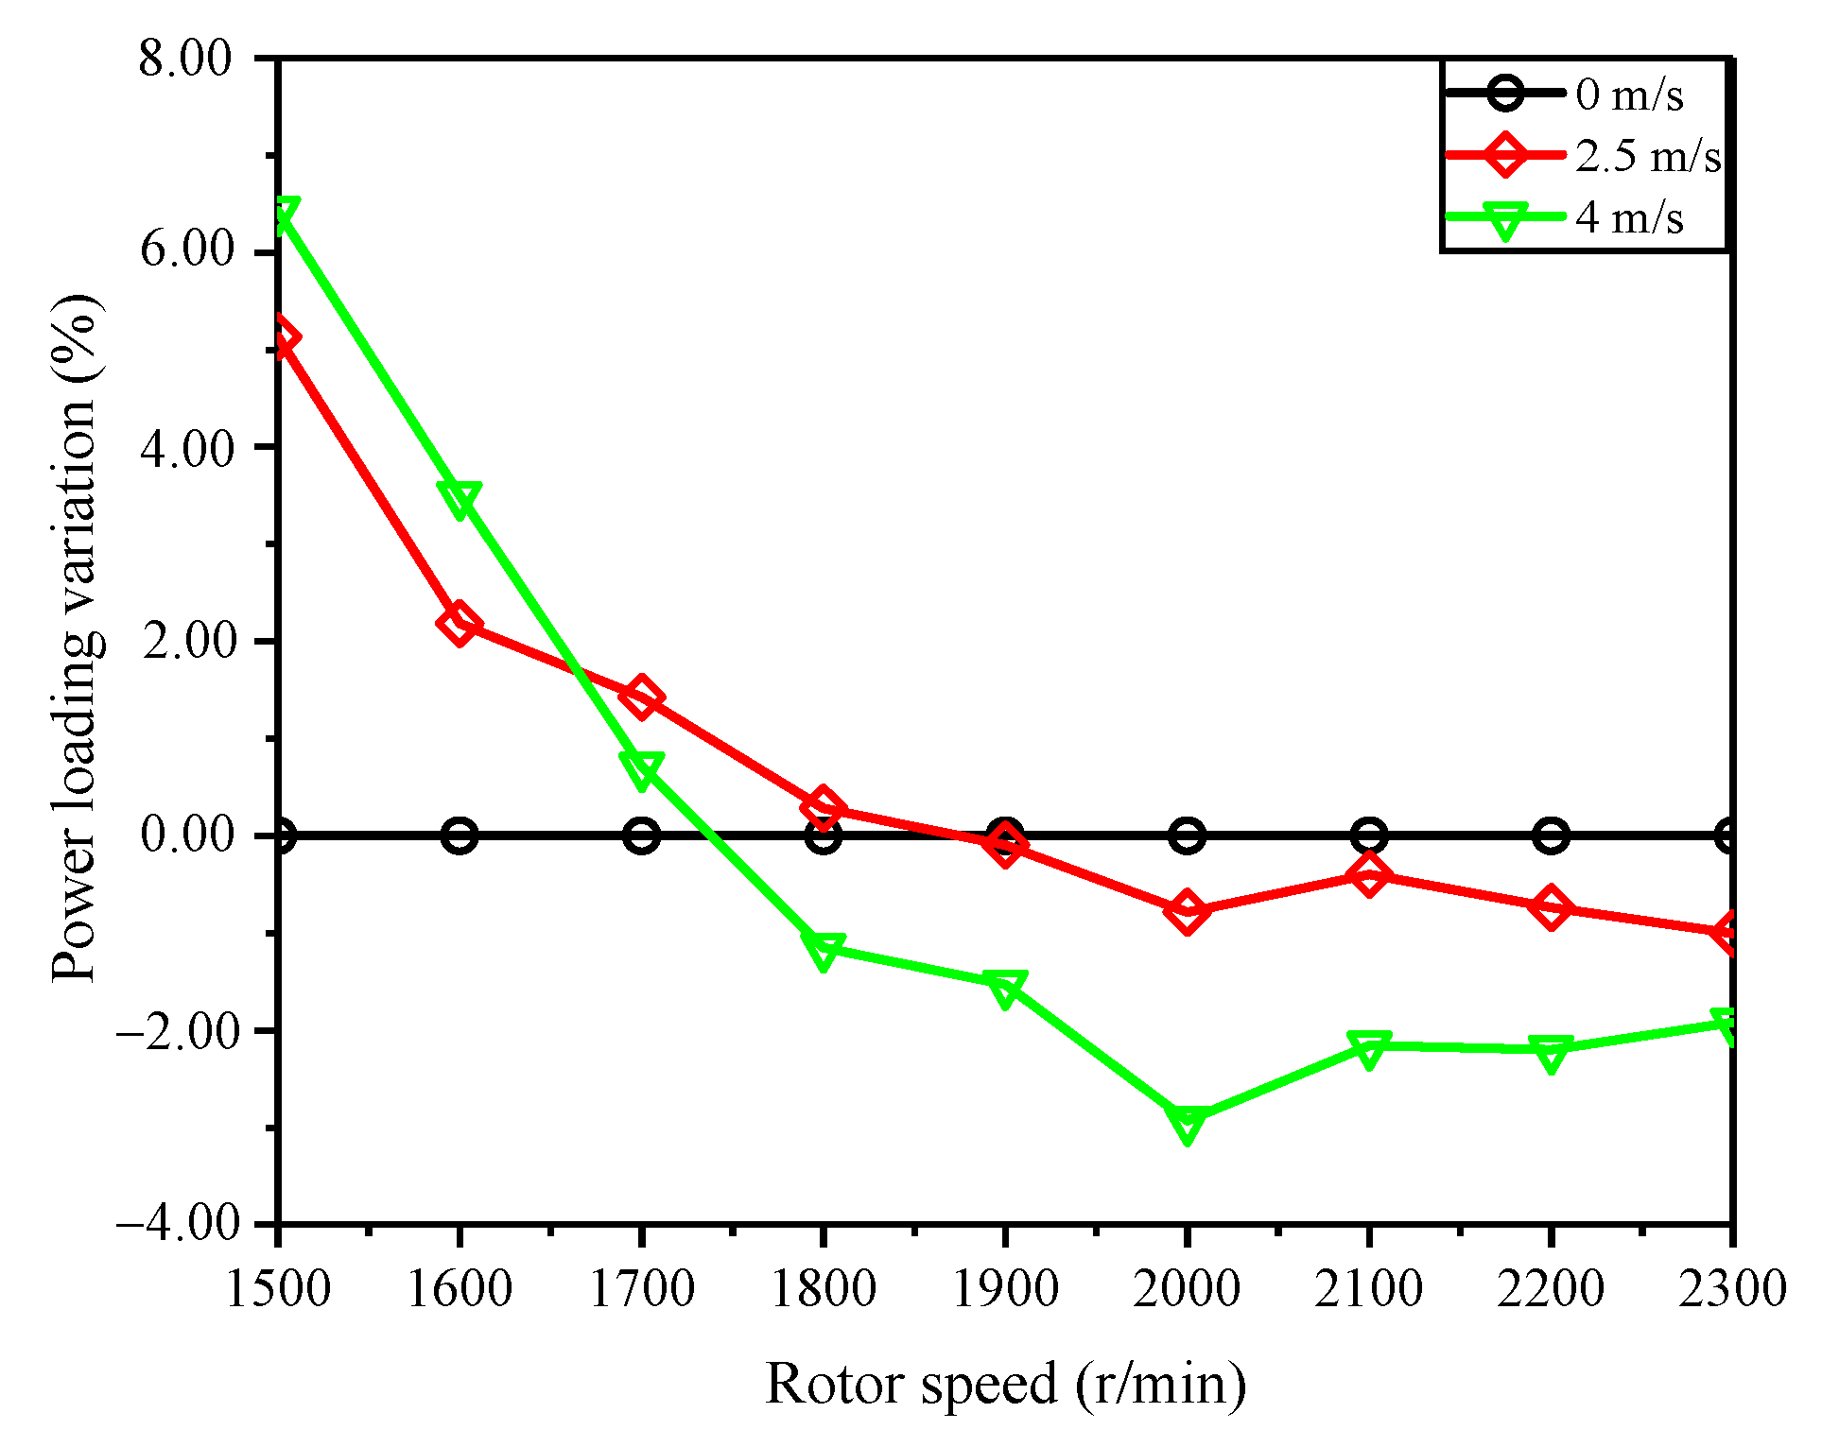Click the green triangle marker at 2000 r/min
pos(1187,1122)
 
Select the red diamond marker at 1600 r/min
pos(460,624)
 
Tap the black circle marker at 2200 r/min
pos(1551,835)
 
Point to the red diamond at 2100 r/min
pos(1369,875)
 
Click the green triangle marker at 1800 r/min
pos(823,950)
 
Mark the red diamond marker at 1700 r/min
pos(641,698)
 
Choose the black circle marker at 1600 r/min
pos(460,835)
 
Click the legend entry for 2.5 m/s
pos(1648,155)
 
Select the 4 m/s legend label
pos(1629,217)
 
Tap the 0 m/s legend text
pos(1629,95)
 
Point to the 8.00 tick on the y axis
pos(185,59)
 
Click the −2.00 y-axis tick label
pos(178,1029)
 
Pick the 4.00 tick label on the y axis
pos(185,448)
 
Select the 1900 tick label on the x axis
pos(1004,1287)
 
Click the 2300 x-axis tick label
pos(1731,1287)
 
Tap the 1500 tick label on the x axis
pos(278,1287)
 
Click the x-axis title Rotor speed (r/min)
pos(1005,1384)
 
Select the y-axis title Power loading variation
pos(76,639)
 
